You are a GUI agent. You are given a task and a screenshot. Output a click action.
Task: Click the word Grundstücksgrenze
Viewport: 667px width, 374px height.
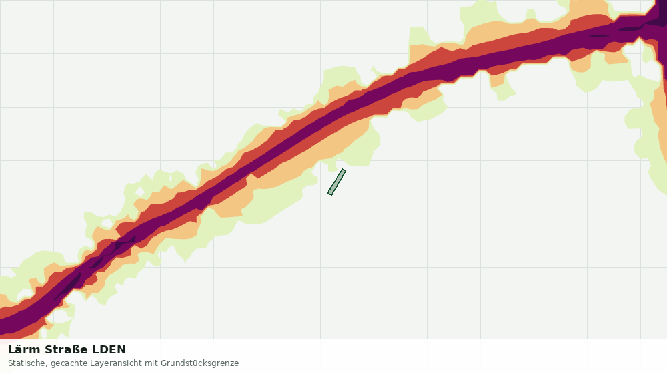[200, 363]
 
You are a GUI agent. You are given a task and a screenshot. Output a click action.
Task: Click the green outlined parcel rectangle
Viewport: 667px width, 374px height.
[336, 182]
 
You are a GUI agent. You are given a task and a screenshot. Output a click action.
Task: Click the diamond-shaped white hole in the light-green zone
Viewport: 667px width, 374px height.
[140, 192]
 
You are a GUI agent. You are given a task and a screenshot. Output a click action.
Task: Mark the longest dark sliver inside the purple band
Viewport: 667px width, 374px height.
[68, 287]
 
